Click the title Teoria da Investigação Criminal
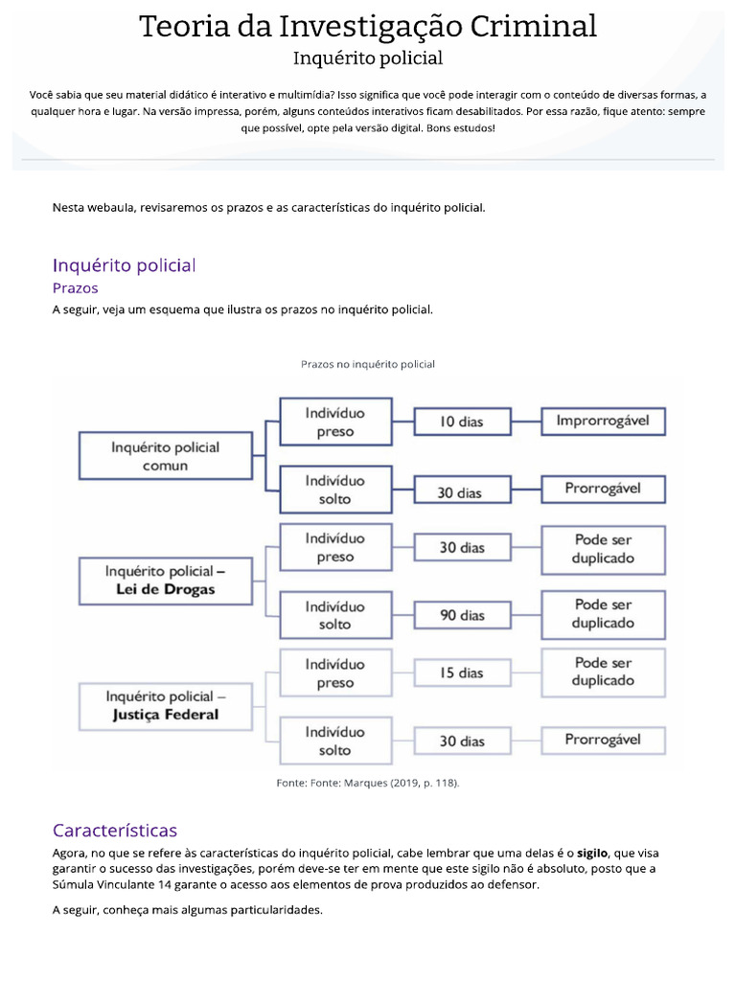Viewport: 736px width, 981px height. coord(368,26)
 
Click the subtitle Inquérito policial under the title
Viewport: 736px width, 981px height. coord(368,58)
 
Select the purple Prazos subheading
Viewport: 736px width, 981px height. coord(75,287)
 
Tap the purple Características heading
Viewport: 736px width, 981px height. coord(115,831)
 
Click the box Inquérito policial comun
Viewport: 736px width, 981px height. coord(165,456)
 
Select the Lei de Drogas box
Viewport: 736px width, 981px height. coord(165,581)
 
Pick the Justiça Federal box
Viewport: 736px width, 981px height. coord(165,705)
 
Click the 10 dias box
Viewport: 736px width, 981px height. coord(461,422)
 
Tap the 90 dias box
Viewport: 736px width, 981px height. coord(462,615)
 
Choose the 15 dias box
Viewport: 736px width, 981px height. coord(462,673)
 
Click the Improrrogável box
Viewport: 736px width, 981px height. coord(603,421)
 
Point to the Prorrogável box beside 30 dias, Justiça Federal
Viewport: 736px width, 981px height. coord(603,740)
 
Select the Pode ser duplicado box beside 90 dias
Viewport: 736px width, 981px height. coord(603,614)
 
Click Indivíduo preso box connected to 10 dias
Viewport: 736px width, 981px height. coord(335,422)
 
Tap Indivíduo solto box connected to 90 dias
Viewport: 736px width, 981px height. coord(335,615)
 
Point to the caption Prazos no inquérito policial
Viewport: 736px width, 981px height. coord(368,364)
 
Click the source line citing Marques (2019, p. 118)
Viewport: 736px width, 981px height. coord(368,783)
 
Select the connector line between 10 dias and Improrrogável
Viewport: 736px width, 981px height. coord(525,421)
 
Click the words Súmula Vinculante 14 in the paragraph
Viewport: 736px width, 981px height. coord(107,885)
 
